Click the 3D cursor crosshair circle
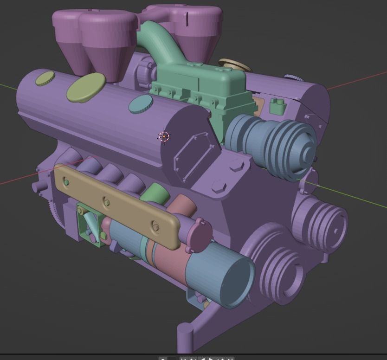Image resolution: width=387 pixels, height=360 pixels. pos(164,136)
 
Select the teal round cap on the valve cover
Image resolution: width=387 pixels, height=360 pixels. pos(140,104)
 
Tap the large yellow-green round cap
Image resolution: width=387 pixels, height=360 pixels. pos(86,87)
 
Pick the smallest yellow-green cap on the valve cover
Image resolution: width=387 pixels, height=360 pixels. pos(45,78)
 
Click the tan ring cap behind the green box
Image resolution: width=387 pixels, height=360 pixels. pos(234,64)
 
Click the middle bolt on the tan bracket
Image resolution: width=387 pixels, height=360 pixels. pos(107,202)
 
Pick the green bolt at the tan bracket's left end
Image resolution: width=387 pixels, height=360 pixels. pos(66,182)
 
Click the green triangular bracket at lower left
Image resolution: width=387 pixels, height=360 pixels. pos(88,225)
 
